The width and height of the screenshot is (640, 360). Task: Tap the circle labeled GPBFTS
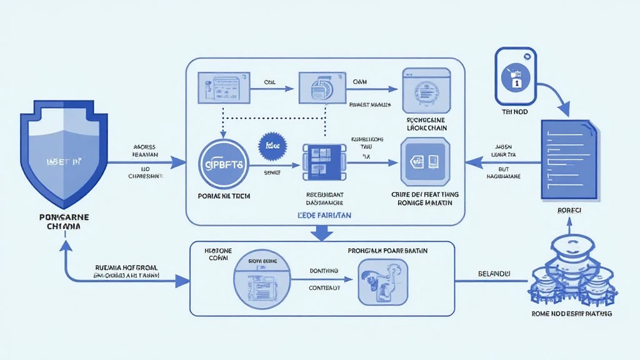coord(224,164)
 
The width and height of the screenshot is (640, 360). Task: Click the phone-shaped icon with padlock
coord(516,76)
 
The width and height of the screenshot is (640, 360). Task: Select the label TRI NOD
coord(516,112)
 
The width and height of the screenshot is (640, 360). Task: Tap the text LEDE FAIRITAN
coord(322,215)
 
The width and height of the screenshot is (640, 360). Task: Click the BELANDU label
coord(494,274)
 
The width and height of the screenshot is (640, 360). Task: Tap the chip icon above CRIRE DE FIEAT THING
coord(424,162)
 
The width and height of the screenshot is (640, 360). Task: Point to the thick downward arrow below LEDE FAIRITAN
coord(322,232)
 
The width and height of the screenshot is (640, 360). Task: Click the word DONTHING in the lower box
coord(324,271)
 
